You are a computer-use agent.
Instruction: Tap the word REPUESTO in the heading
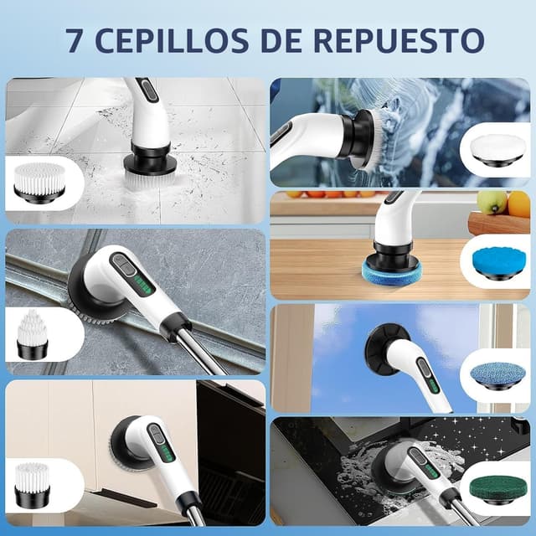pos(404,40)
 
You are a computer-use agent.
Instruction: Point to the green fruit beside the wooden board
pos(492,202)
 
